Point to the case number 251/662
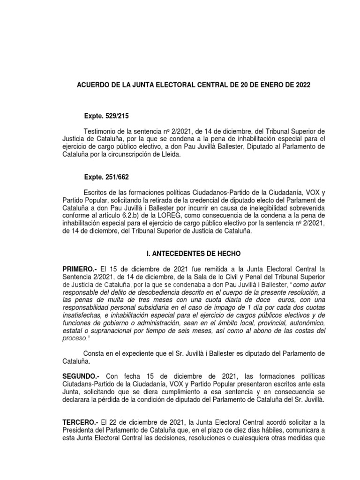pyautogui.click(x=115, y=177)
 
